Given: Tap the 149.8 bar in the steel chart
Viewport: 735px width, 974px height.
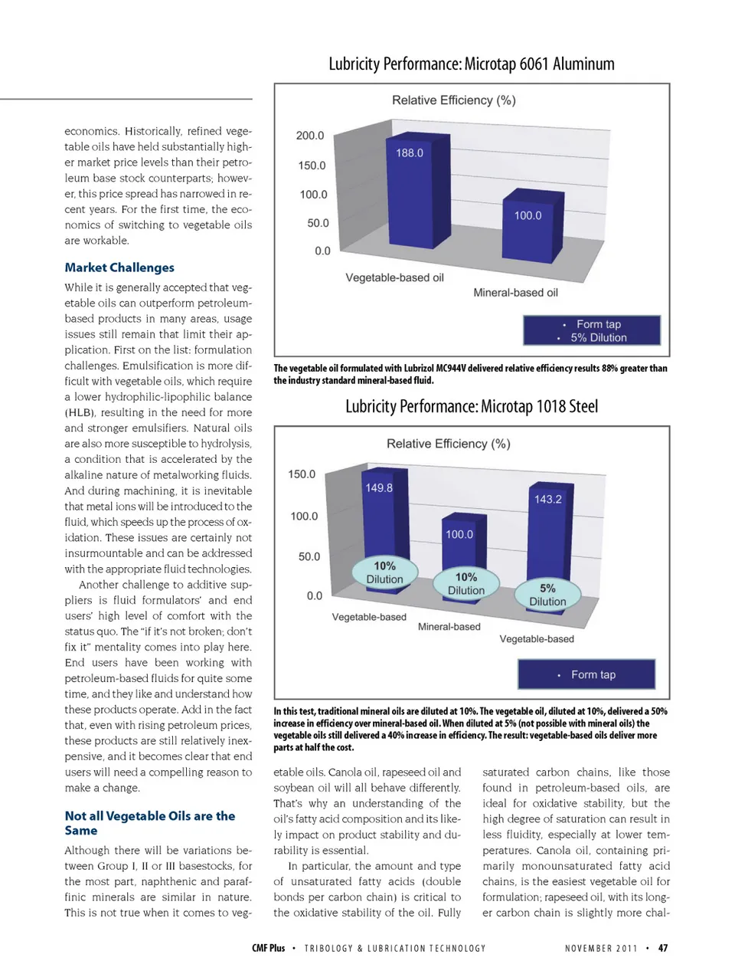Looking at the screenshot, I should tap(383, 521).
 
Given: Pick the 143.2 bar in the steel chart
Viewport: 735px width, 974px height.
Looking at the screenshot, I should tap(547, 536).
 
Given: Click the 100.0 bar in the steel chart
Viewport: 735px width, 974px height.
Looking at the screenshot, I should tap(462, 548).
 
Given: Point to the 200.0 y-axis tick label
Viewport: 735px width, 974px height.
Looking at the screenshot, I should tap(310, 136).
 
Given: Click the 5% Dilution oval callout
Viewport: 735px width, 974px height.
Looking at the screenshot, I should tap(547, 595).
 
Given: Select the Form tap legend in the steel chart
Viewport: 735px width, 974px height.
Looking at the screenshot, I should tap(586, 674).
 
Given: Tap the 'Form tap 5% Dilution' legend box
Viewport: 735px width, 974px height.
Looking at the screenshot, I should tap(592, 330).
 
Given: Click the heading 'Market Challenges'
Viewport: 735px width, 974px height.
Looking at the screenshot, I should tap(119, 267).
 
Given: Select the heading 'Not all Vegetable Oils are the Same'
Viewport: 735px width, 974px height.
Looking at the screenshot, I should tap(149, 823).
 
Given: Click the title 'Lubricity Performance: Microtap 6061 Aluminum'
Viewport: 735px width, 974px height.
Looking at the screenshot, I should tap(472, 64).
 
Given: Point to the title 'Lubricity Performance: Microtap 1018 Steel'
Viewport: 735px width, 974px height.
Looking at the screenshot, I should tap(472, 406).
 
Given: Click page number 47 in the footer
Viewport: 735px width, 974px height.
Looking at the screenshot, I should tap(663, 948).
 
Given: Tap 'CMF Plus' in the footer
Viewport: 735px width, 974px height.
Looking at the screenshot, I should tap(268, 948).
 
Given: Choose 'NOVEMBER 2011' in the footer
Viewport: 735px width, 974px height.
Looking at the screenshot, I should tap(601, 949).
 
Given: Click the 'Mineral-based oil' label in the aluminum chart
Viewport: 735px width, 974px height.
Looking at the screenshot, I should tap(515, 293).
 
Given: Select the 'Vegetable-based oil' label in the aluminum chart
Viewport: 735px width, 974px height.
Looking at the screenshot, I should tap(394, 277).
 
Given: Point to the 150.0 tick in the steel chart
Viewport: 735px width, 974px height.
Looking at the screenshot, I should tap(302, 474).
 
